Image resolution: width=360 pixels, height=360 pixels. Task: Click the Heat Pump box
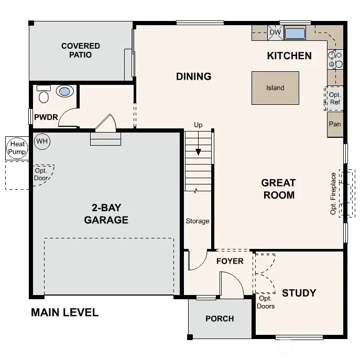click(17, 148)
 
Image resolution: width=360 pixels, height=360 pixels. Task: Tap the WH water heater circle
click(41, 141)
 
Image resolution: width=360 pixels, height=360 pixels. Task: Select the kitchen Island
click(275, 88)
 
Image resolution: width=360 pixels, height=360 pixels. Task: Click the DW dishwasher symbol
click(276, 32)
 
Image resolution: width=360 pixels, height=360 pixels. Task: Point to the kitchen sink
click(295, 33)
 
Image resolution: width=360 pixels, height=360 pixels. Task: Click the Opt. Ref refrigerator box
click(335, 99)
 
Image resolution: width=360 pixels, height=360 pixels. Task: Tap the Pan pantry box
click(335, 125)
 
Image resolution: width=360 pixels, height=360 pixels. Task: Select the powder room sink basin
click(65, 92)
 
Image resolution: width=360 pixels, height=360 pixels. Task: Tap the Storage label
click(198, 221)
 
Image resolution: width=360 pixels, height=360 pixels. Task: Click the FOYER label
click(230, 261)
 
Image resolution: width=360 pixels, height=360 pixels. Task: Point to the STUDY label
click(299, 292)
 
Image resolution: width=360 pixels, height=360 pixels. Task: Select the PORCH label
click(220, 319)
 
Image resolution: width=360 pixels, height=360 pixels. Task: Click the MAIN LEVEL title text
click(64, 313)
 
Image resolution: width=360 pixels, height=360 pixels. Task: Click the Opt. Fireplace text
click(333, 193)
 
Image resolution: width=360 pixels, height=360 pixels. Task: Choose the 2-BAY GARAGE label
click(106, 214)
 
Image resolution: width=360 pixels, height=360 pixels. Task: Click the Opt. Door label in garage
click(41, 174)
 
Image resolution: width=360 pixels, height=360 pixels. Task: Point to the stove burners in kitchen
click(335, 59)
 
